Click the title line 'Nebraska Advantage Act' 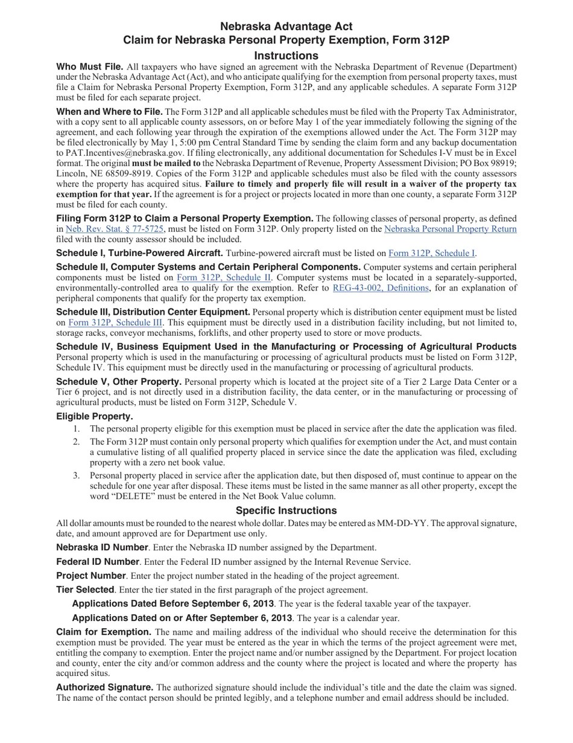click(286, 27)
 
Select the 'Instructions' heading click(286, 56)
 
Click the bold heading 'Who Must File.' click(90, 67)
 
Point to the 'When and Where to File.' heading click(109, 112)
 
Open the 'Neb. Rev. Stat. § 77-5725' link click(115, 229)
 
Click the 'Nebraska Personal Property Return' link click(450, 229)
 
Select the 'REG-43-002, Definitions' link click(381, 288)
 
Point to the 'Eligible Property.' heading click(95, 417)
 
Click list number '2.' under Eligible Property click(77, 442)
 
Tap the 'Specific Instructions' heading click(286, 510)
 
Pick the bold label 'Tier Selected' click(85, 590)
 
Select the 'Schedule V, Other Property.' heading click(119, 382)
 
